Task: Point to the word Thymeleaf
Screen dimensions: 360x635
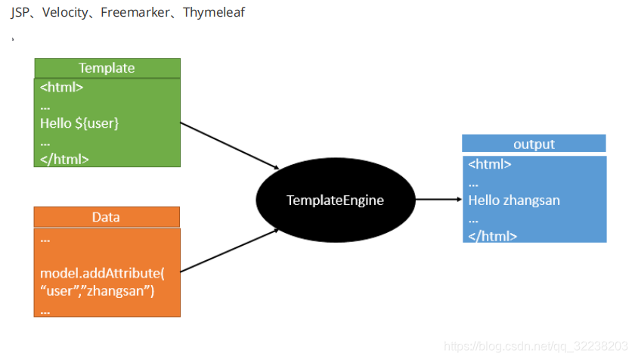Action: [x=214, y=13]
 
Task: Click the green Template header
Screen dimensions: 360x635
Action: [x=107, y=68]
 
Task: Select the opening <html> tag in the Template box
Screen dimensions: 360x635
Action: [x=61, y=87]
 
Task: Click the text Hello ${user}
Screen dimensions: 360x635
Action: [x=79, y=123]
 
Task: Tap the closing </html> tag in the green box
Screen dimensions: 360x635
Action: [x=64, y=159]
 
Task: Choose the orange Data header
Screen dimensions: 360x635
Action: [x=106, y=217]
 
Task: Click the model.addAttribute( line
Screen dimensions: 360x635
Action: [x=97, y=273]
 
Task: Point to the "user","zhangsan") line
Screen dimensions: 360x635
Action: [x=97, y=291]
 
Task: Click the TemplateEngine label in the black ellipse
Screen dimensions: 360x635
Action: [x=335, y=200]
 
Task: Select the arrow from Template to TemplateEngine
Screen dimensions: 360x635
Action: [x=231, y=145]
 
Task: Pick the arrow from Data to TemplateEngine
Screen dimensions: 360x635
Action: [x=231, y=250]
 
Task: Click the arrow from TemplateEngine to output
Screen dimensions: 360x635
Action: [x=438, y=200]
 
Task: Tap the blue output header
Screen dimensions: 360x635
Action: [x=534, y=144]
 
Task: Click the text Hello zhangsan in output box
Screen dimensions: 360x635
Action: [x=514, y=200]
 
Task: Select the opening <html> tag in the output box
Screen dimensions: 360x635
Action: [x=490, y=164]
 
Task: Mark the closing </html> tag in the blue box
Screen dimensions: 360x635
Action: [x=492, y=236]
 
